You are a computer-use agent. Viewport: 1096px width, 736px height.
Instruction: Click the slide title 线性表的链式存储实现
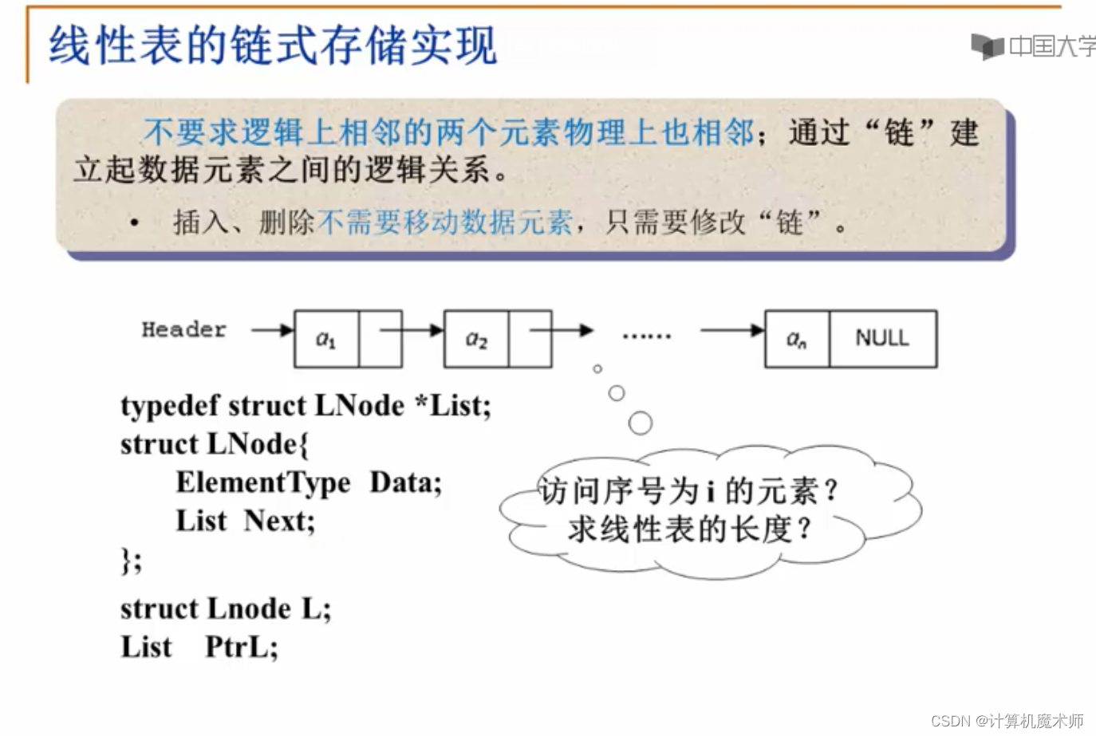273,45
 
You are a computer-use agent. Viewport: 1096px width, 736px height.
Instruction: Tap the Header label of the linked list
183,329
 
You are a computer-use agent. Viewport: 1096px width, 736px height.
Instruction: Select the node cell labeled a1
326,340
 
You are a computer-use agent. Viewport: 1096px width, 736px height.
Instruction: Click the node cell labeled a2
475,340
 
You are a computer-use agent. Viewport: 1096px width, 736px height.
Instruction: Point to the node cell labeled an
796,340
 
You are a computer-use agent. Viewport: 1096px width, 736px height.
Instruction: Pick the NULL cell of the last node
882,338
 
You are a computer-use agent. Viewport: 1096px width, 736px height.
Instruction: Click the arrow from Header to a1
272,329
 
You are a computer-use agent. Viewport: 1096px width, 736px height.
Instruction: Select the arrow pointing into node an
731,329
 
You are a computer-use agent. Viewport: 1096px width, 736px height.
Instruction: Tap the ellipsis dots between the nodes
646,337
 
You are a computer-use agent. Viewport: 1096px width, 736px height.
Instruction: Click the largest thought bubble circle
640,423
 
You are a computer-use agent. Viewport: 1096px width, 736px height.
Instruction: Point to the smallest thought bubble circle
597,368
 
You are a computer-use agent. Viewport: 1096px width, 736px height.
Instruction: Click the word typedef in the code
169,406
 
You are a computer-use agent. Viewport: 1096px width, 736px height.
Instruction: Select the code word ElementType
262,482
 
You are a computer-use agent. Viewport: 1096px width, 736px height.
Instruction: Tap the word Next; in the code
279,521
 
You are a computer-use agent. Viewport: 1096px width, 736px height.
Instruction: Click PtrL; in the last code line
242,646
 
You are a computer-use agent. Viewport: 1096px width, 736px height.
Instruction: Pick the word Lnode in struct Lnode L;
249,608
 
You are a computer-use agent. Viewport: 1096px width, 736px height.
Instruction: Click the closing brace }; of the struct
131,560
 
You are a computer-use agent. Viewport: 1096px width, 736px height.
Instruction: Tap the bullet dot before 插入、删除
136,223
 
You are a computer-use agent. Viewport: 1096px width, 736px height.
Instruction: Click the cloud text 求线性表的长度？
689,529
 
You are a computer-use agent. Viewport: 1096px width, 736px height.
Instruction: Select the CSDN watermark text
1007,721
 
